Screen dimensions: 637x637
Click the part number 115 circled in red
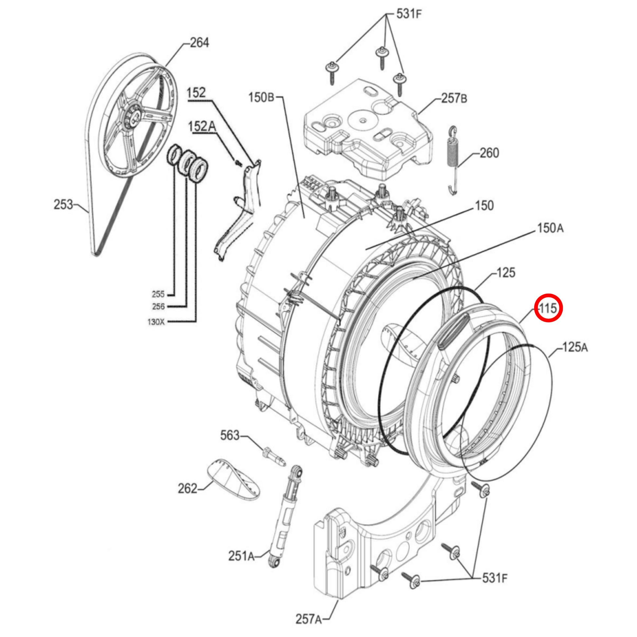548,309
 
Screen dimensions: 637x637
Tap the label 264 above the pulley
199,43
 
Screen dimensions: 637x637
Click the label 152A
202,126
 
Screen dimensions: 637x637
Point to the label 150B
261,97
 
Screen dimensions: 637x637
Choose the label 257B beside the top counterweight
454,98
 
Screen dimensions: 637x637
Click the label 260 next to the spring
489,153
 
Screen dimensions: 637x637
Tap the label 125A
575,347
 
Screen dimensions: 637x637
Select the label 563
230,435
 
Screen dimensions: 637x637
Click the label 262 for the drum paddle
187,488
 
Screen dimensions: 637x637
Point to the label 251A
241,556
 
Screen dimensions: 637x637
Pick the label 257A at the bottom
308,619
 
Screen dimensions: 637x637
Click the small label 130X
156,322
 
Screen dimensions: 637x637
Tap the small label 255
158,294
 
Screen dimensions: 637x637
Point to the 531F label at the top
409,14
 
